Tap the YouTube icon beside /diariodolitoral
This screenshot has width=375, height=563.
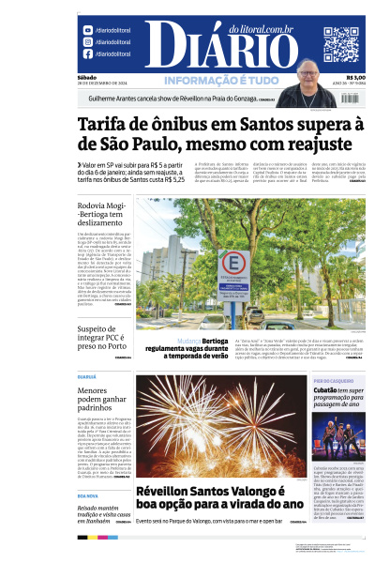(x=87, y=31)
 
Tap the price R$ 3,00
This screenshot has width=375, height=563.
(x=355, y=78)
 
